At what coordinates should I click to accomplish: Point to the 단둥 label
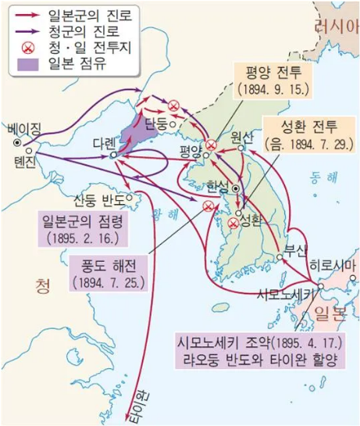pyautogui.click(x=156, y=124)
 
